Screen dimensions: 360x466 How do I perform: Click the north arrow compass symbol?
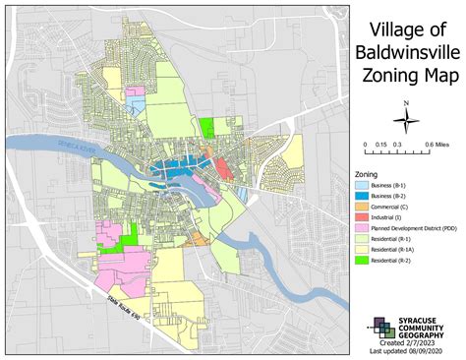coord(403,118)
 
